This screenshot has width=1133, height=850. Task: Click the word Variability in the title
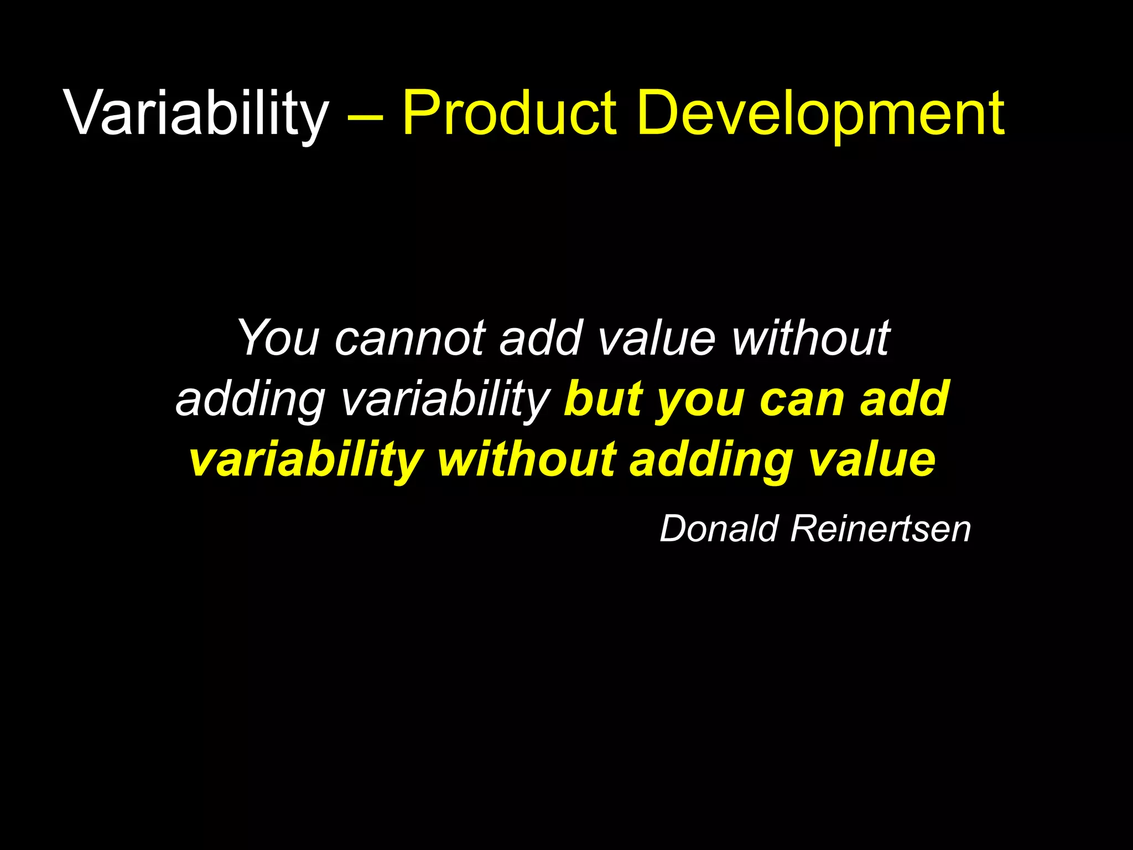pyautogui.click(x=196, y=113)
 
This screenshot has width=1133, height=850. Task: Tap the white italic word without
pyautogui.click(x=810, y=338)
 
